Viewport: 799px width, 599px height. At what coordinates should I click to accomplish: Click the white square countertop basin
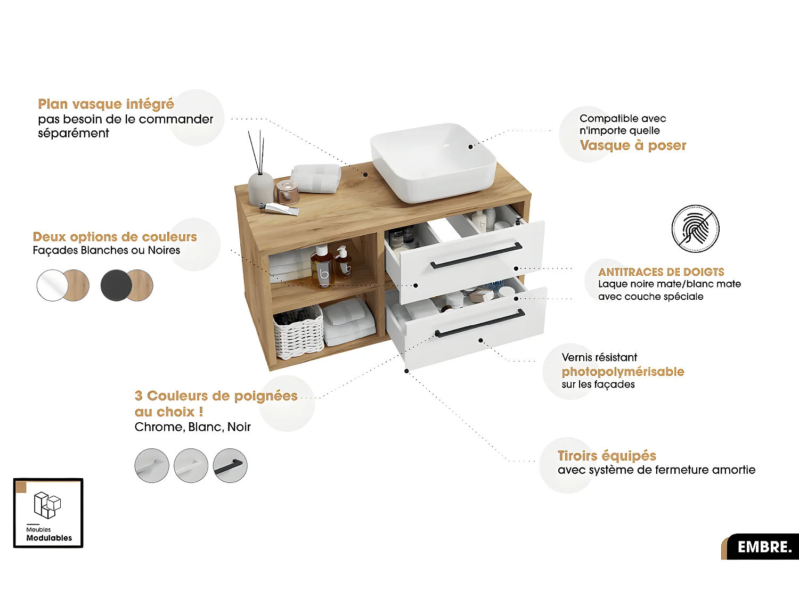434,162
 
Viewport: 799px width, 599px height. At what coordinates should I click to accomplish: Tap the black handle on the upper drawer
476,256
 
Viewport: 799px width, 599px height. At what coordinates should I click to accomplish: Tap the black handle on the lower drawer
480,323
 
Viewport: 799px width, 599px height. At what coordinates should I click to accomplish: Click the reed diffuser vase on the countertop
260,188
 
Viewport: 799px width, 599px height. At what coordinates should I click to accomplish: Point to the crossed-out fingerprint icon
695,229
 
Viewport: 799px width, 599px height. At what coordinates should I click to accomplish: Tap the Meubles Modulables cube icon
47,505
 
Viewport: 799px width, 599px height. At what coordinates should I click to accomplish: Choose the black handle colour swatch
230,465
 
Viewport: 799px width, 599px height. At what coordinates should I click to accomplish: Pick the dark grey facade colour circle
116,285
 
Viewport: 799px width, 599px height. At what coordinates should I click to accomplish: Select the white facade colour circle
52,285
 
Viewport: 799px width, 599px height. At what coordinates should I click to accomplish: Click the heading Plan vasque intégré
106,104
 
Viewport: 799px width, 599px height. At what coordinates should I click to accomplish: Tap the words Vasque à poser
633,145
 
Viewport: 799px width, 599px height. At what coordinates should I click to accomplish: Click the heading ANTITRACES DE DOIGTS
661,272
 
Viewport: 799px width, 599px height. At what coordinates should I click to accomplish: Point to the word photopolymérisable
623,372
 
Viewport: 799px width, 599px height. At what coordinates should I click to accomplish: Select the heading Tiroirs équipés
607,456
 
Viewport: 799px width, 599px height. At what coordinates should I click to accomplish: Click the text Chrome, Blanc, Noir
193,427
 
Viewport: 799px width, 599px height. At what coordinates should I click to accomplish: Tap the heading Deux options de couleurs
115,237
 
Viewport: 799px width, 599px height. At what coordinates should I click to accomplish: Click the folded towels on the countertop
315,178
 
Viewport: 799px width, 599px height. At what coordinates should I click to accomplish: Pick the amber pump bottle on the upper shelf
322,267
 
